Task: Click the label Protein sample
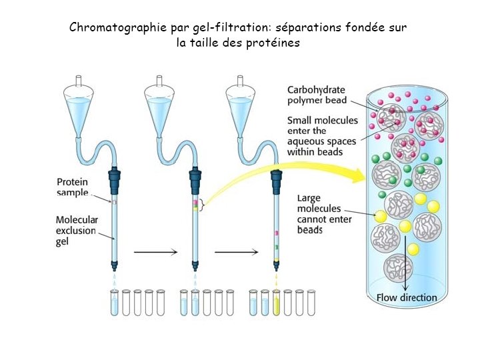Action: click(73, 187)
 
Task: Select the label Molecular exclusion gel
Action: click(76, 231)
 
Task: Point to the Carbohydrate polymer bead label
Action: click(317, 95)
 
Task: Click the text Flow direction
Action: click(407, 297)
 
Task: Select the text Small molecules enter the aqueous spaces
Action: click(323, 136)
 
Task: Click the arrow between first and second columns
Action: click(155, 252)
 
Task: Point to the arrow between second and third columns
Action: click(236, 252)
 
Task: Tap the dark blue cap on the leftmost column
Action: click(114, 180)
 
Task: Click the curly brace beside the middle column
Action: click(202, 205)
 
